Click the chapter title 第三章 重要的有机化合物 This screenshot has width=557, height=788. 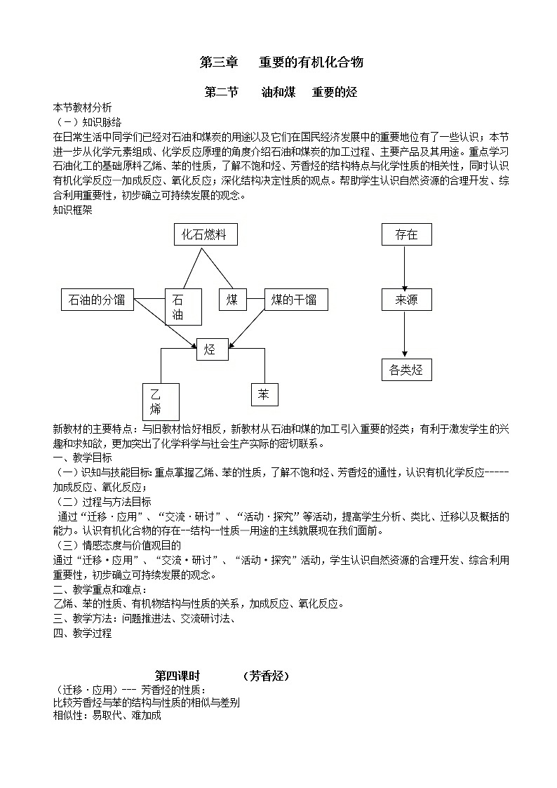coord(281,62)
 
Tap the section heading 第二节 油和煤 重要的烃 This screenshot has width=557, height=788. coord(281,93)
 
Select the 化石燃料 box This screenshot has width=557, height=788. coord(205,234)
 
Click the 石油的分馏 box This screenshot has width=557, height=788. coord(97,300)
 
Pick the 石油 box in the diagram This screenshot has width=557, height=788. coord(182,307)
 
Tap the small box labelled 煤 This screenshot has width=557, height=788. coord(232,300)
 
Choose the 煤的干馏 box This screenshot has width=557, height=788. coord(294,300)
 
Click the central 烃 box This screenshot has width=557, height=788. coord(212,349)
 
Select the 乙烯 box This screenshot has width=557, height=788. coord(161,402)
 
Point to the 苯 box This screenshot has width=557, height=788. coord(264,394)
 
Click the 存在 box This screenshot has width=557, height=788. coord(406,234)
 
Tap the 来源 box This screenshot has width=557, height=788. coord(406,300)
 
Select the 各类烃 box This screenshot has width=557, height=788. coord(406,369)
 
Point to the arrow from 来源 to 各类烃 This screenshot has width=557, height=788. coord(405,335)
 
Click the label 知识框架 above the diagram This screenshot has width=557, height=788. coord(72,209)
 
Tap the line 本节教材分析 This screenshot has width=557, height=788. coord(82,108)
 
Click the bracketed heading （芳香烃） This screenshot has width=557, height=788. coord(266,676)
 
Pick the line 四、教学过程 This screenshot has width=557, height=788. coord(82,633)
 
